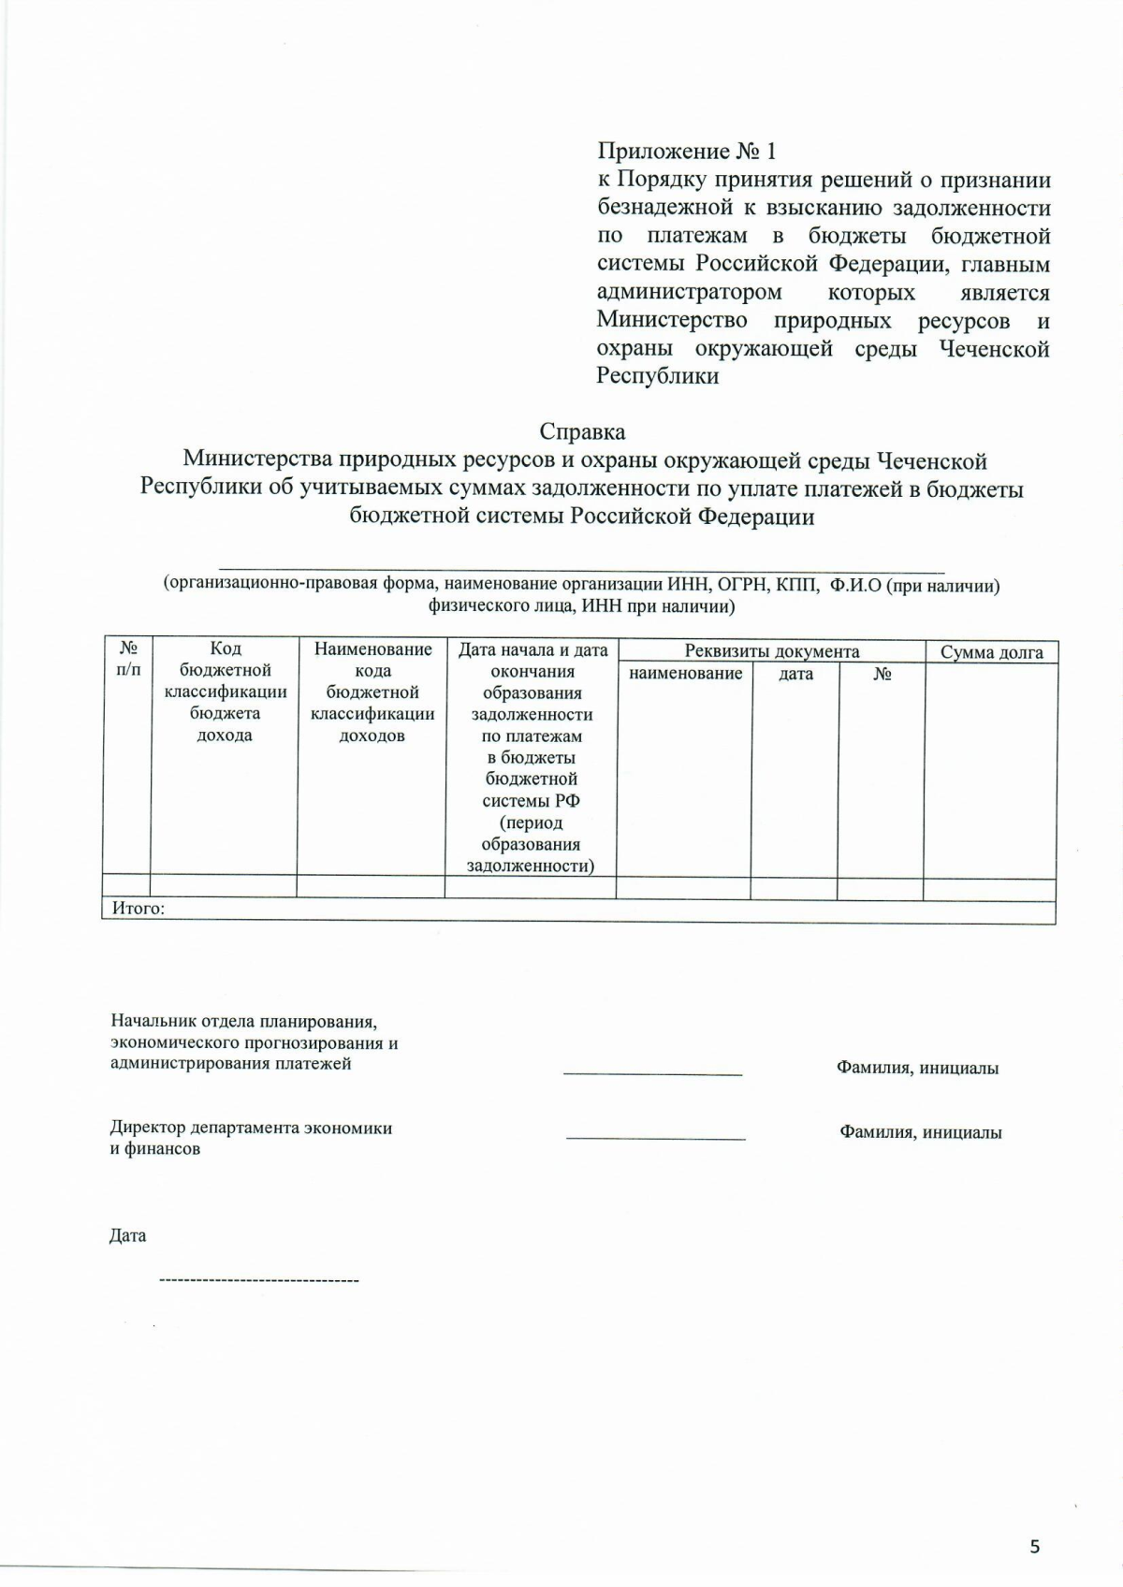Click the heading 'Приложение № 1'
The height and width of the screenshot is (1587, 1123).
point(686,152)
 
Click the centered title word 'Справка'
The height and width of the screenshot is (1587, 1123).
point(582,432)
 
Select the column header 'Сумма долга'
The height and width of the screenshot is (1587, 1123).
point(991,652)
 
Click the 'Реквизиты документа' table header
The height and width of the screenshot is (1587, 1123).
point(771,651)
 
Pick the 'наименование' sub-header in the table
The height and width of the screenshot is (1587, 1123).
point(685,674)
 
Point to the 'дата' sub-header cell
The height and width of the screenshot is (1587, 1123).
point(795,674)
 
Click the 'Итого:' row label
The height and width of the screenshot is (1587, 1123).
point(139,908)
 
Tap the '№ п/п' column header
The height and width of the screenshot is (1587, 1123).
point(128,659)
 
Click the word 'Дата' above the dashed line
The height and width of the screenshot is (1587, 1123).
point(127,1236)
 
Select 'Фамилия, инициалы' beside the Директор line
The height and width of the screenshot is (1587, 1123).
point(920,1132)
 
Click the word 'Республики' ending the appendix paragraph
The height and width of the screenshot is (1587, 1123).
point(658,377)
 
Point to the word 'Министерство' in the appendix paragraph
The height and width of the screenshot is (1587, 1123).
point(672,321)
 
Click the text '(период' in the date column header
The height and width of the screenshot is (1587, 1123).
point(531,823)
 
